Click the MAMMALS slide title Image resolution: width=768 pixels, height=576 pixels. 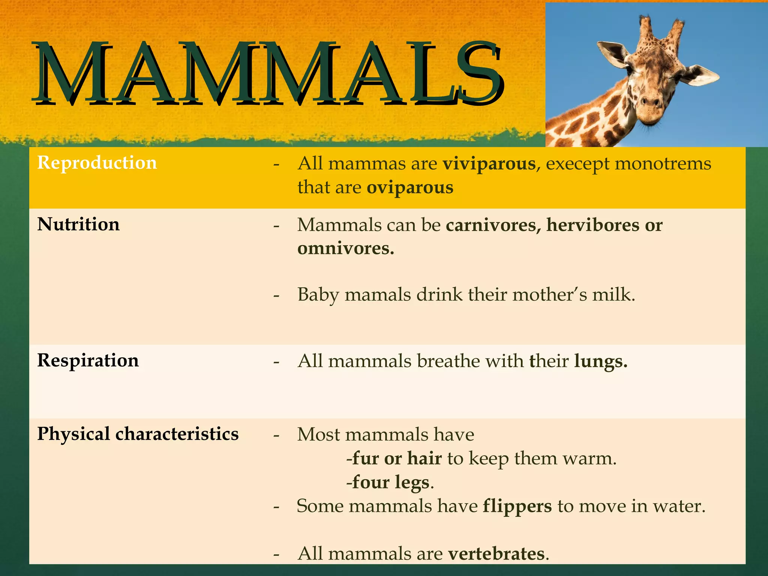(268, 73)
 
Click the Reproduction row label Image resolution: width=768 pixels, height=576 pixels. (97, 163)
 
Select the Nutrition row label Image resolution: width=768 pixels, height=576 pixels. (78, 224)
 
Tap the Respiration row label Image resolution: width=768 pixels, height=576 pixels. (88, 360)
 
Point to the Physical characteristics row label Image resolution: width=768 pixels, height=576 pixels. (138, 434)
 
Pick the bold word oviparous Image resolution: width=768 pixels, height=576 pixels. (410, 187)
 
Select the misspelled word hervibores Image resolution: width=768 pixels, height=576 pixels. (593, 225)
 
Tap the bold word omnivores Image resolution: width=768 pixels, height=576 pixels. (345, 249)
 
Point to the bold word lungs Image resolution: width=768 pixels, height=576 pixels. (600, 361)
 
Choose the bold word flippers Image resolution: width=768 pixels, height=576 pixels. (517, 506)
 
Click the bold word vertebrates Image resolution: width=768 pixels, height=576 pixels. (496, 554)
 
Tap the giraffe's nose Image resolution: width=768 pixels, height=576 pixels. (651, 101)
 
